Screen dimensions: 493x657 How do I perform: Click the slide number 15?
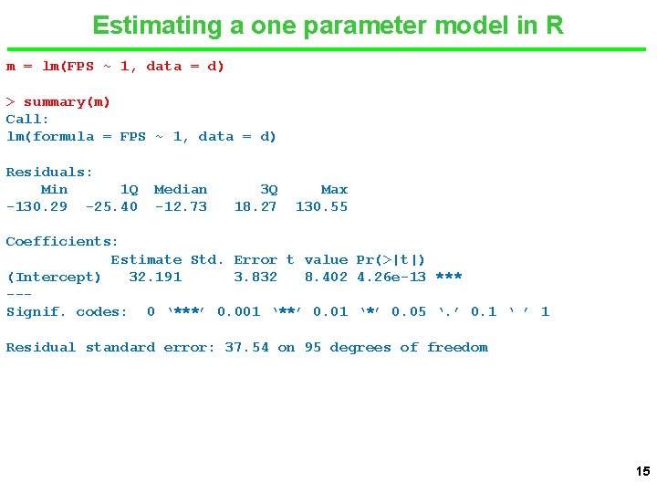pyautogui.click(x=642, y=472)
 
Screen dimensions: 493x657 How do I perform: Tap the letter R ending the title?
pyautogui.click(x=555, y=25)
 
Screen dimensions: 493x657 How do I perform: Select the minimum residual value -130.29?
pyautogui.click(x=36, y=207)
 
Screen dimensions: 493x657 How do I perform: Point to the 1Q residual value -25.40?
pyautogui.click(x=111, y=207)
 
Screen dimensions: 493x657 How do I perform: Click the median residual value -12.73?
pyautogui.click(x=181, y=207)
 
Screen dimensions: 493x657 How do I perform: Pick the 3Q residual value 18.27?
pyautogui.click(x=255, y=207)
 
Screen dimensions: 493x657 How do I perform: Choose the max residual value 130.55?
pyautogui.click(x=321, y=207)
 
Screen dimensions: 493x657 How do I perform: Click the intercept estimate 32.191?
pyautogui.click(x=155, y=278)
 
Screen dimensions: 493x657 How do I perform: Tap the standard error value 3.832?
pyautogui.click(x=255, y=278)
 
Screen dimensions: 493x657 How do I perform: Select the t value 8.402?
pyautogui.click(x=326, y=278)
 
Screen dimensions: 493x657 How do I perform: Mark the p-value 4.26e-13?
pyautogui.click(x=391, y=278)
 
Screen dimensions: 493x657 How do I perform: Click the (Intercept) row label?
pyautogui.click(x=54, y=278)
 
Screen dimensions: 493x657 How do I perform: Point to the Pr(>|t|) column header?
pyautogui.click(x=391, y=260)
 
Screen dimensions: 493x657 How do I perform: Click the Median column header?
pyautogui.click(x=181, y=190)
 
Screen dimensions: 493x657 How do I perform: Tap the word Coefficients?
pyautogui.click(x=62, y=242)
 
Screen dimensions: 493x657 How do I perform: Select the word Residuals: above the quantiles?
pyautogui.click(x=49, y=173)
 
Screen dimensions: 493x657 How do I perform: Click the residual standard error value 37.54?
pyautogui.click(x=246, y=348)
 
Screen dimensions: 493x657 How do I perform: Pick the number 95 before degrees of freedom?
pyautogui.click(x=312, y=348)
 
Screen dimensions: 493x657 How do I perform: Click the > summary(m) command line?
pyautogui.click(x=58, y=102)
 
